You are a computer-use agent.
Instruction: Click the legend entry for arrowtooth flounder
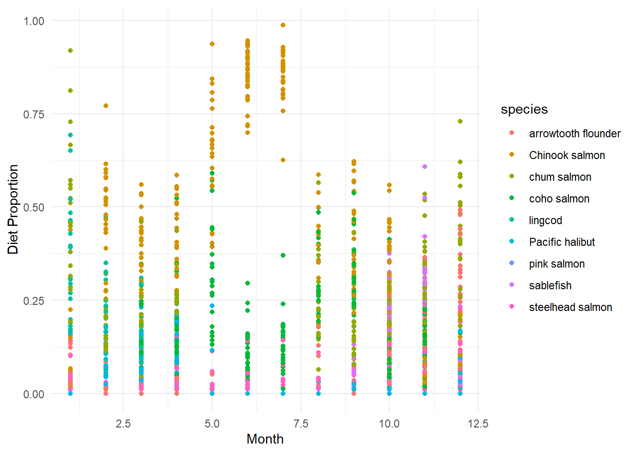coord(574,134)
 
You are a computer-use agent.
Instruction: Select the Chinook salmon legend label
coord(566,155)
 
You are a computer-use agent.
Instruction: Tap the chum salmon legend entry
coord(560,177)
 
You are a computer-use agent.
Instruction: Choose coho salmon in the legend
coord(559,199)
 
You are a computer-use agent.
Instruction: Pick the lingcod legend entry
coord(545,220)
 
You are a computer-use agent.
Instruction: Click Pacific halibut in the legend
coord(562,242)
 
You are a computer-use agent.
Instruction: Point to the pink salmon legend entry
coord(557,264)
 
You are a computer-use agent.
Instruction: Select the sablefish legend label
coord(550,285)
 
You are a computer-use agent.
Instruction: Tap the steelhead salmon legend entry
coord(570,307)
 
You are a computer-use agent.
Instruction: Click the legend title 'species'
coord(524,109)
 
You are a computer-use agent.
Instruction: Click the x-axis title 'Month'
coord(265,439)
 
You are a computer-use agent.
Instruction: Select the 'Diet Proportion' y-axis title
coord(13,209)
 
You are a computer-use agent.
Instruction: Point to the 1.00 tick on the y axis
coord(34,21)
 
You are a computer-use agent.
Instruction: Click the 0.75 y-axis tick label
coord(34,114)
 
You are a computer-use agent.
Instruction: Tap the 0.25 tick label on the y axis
coord(34,301)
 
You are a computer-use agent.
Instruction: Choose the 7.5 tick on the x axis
coord(300,423)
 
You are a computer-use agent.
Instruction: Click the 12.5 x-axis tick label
coord(478,423)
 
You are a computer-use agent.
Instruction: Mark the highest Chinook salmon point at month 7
coord(283,25)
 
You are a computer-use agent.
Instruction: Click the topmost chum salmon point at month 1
coord(70,50)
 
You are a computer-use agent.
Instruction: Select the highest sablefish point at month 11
coord(425,167)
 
